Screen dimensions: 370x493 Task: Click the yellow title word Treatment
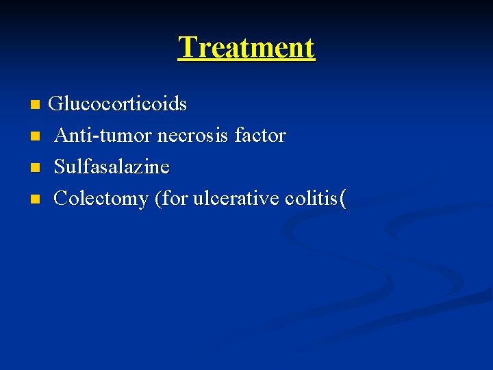[246, 48]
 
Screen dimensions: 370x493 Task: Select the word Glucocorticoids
[118, 104]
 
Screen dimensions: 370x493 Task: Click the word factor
[260, 136]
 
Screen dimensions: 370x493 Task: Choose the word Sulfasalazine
[112, 167]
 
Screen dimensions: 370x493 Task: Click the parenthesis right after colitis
[342, 199]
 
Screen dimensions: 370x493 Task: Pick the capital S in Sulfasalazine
[59, 167]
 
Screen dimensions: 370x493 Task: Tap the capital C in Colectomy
[60, 199]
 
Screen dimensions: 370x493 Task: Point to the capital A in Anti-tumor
[61, 136]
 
